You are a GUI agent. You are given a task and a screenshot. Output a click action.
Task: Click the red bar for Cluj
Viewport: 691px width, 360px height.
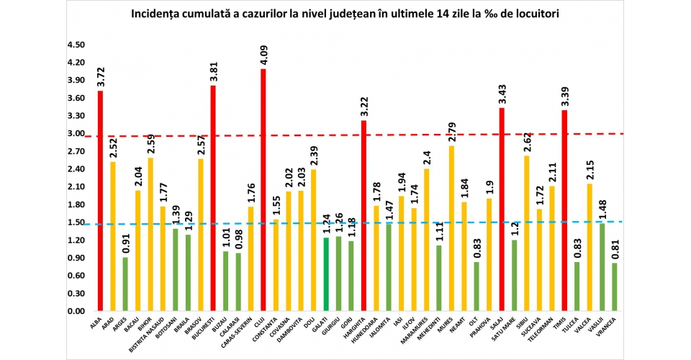263,190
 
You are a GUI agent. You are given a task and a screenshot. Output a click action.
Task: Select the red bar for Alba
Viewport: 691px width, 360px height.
100,201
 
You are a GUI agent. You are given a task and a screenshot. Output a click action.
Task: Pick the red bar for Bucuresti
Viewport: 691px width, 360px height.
213,198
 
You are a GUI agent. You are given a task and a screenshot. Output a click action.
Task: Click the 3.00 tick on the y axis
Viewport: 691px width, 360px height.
76,133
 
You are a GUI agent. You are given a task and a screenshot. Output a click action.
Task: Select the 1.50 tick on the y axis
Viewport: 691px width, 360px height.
76,222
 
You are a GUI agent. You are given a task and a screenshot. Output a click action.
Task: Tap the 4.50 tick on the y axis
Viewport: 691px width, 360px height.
76,45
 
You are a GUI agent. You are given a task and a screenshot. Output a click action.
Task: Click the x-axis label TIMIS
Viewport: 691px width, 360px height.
566,325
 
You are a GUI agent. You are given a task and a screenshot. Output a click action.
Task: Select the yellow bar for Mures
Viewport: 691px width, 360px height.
451,228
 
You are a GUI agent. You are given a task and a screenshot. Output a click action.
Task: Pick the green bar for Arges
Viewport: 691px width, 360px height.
125,284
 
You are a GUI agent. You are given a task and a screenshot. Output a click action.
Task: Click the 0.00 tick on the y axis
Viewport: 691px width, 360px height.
76,311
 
